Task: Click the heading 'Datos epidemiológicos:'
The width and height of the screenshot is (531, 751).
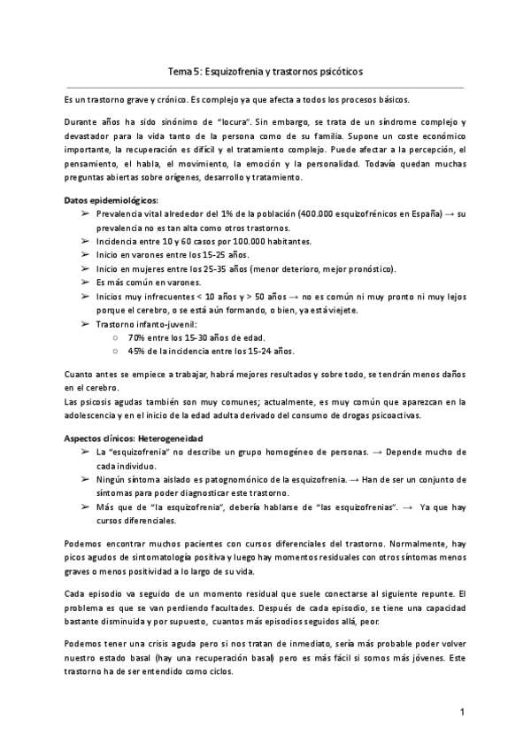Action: [109, 200]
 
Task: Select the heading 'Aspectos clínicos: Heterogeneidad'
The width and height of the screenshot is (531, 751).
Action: [135, 438]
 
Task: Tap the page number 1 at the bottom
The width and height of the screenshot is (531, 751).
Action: [462, 711]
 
